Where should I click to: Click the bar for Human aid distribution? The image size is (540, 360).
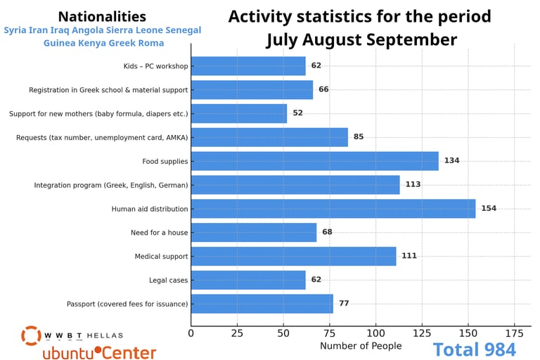pos(333,209)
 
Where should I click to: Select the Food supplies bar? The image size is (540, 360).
pos(314,161)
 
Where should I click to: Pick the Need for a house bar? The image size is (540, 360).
pos(253,232)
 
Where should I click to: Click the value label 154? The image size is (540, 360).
pos(489,209)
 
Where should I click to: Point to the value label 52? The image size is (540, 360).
pos(297,113)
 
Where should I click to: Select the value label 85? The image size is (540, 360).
pos(359,137)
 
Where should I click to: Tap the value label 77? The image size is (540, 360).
pos(344,304)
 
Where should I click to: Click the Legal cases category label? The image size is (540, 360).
pos(168,280)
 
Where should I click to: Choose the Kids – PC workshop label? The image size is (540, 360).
pos(155,66)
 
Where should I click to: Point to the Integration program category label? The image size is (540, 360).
pos(111,185)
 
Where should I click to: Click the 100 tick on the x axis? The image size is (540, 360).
pos(375,332)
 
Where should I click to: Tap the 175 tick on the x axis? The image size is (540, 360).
pos(514,332)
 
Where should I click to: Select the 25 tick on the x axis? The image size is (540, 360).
pos(237,332)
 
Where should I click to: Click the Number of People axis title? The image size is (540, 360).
pos(361,346)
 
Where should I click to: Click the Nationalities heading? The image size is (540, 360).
pos(102,17)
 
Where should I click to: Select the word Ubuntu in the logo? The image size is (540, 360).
pos(67,353)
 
